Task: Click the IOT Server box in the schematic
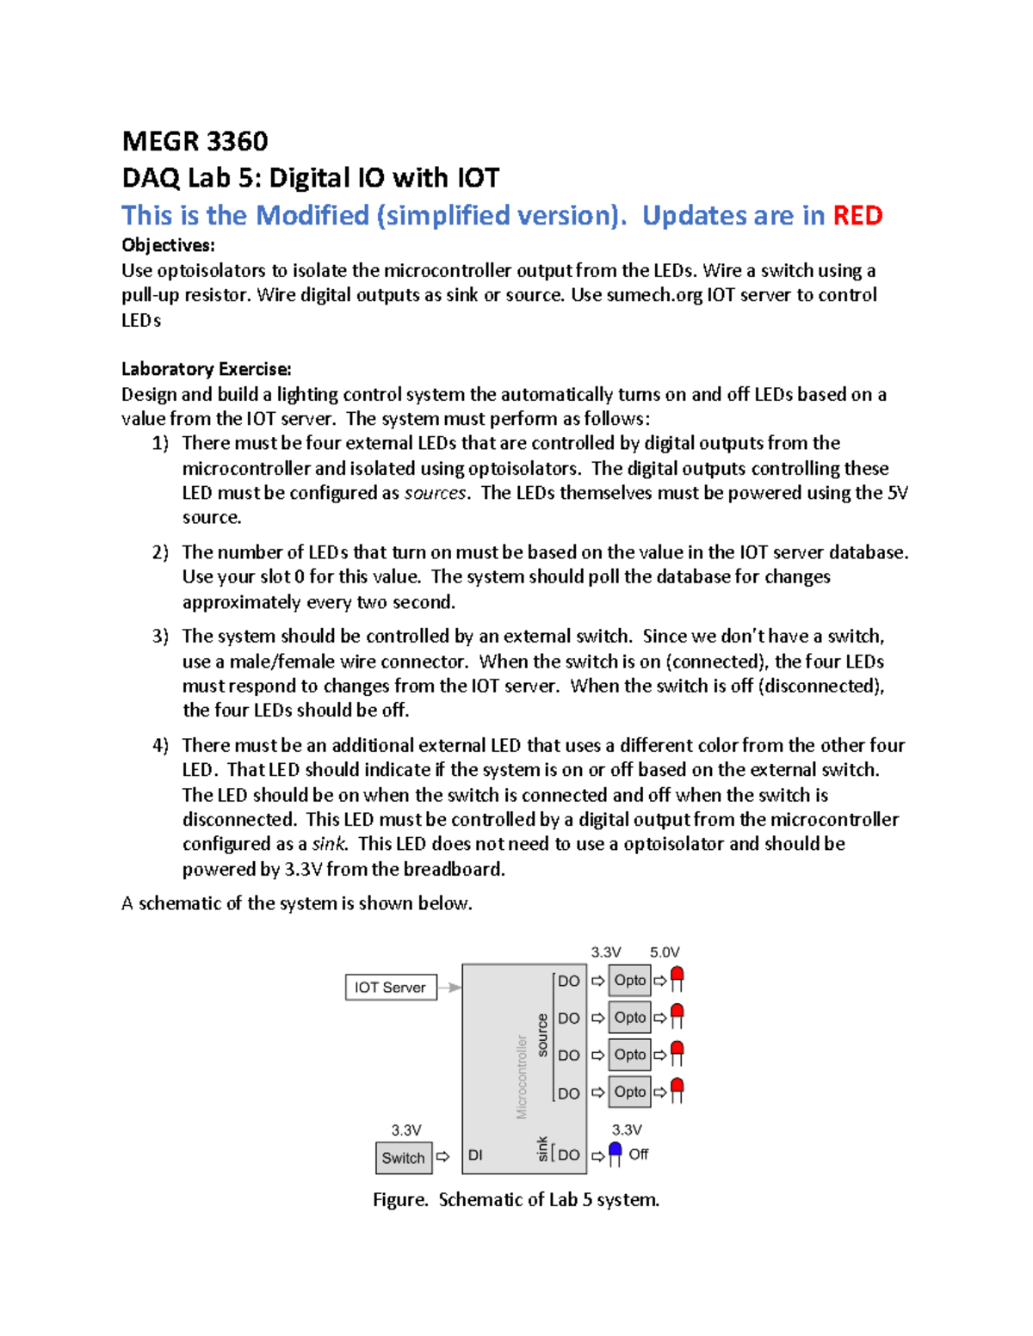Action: point(391,987)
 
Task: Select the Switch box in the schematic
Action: point(403,1157)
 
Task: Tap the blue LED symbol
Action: point(615,1152)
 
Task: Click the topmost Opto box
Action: point(630,980)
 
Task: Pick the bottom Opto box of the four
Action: point(630,1092)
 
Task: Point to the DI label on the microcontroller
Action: point(475,1155)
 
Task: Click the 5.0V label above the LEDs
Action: point(665,952)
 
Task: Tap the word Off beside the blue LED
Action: point(638,1154)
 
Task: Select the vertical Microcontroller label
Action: point(522,1076)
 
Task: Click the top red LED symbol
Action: point(677,978)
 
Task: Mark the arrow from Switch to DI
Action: point(442,1157)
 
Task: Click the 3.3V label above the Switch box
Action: point(406,1130)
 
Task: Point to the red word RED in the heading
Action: point(857,215)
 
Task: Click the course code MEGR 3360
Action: point(195,141)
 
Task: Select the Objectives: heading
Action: point(168,245)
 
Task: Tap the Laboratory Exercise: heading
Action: point(207,369)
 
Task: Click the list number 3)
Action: point(160,637)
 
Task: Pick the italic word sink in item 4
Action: point(328,844)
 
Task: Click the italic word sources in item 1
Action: point(436,493)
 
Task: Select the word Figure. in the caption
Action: point(400,1199)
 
